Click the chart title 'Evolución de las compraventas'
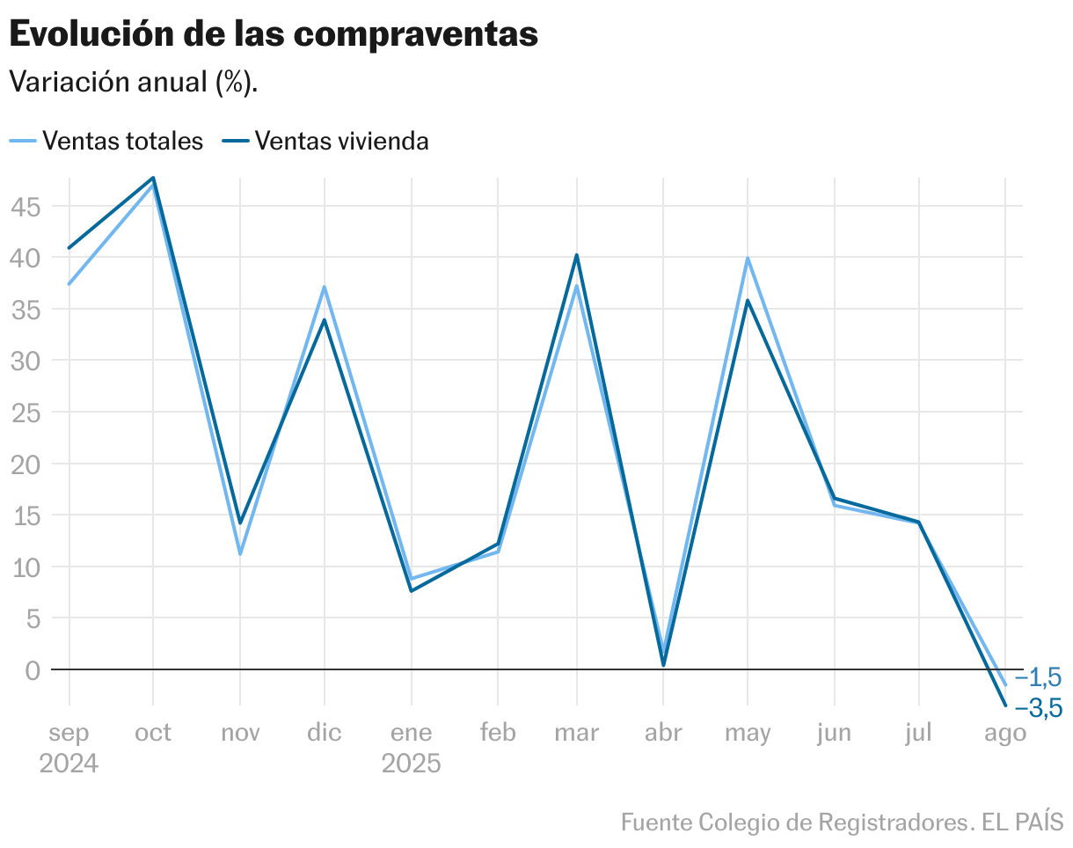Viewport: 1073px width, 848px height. tap(273, 34)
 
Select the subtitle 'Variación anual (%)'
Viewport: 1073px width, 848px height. tap(133, 83)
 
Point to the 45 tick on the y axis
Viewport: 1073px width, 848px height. tap(26, 207)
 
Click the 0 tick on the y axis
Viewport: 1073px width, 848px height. tap(33, 670)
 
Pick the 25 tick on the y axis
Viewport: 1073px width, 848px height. tap(26, 413)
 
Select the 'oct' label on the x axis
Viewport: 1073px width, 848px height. tap(153, 733)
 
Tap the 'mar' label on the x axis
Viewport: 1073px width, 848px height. tap(576, 733)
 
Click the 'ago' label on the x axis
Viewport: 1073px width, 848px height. tap(1004, 733)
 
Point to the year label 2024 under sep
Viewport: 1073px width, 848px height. tap(69, 764)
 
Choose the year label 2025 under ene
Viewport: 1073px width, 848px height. tap(411, 764)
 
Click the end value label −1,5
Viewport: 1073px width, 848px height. tap(1038, 677)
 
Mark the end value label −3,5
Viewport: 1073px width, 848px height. tap(1038, 708)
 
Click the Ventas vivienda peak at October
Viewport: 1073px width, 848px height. tap(154, 178)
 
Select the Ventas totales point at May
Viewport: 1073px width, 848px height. tap(748, 259)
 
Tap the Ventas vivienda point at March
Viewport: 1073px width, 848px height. tap(577, 255)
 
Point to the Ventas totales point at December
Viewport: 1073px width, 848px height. tap(325, 287)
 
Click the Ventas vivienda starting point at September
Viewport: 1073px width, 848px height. tap(69, 248)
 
